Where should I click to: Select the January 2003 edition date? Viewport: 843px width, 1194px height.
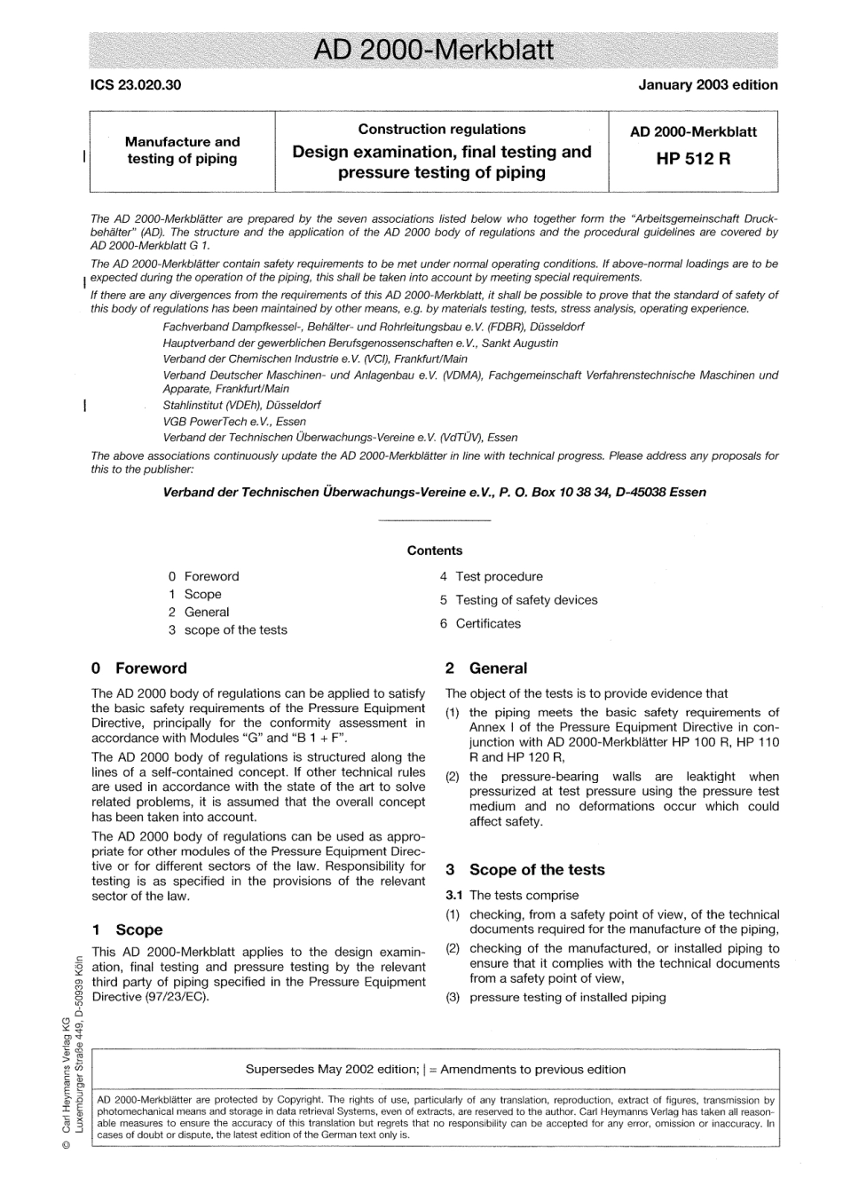point(707,85)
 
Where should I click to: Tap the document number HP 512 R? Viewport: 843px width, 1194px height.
point(693,161)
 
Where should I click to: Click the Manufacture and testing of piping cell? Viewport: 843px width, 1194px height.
point(182,150)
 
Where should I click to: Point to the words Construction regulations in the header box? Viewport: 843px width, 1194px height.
point(441,129)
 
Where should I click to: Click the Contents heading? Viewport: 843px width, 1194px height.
point(435,550)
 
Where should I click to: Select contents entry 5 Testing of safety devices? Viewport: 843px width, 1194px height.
point(518,600)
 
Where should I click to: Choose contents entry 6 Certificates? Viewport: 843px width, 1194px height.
point(480,623)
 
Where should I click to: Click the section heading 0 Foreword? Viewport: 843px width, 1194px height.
point(139,668)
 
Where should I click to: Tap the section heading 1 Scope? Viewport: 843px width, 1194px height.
point(127,929)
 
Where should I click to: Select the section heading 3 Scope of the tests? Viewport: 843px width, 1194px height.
point(524,870)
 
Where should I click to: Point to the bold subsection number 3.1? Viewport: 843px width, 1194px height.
point(454,896)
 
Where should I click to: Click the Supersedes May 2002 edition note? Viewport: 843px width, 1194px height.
point(435,1070)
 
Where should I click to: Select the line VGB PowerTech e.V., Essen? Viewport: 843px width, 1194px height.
point(234,422)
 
